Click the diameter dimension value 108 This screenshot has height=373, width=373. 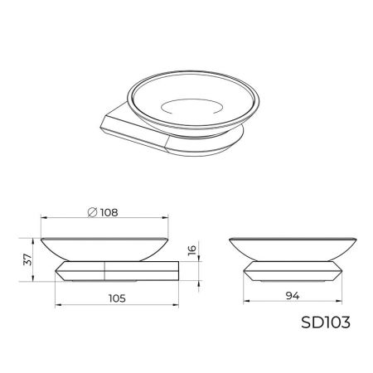[x=107, y=212]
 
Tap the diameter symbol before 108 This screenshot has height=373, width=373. [x=92, y=212]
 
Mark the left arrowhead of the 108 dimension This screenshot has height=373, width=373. [x=44, y=220]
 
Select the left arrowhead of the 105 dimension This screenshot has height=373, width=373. [x=57, y=306]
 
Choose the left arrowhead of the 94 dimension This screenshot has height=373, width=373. [x=246, y=302]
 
